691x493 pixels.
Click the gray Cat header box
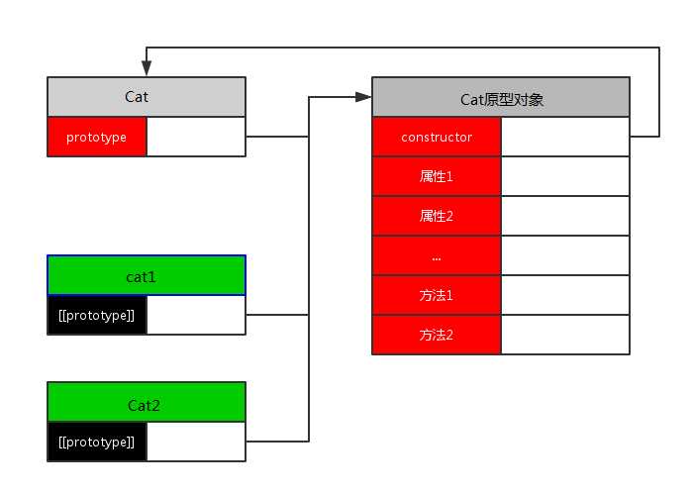click(x=146, y=97)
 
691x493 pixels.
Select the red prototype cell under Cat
click(x=97, y=137)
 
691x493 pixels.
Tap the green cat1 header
click(x=146, y=275)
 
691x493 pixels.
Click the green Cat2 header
click(x=146, y=404)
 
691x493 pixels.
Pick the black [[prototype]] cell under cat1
click(x=97, y=315)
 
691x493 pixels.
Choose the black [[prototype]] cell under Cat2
click(x=97, y=442)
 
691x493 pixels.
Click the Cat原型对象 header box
click(x=501, y=98)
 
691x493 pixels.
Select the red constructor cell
click(x=437, y=137)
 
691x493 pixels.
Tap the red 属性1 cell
click(x=437, y=176)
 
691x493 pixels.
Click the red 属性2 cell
click(x=437, y=216)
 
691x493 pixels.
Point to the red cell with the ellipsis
click(x=437, y=255)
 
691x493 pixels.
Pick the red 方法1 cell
click(x=437, y=295)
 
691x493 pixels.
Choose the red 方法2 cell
click(x=437, y=335)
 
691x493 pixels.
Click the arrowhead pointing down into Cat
click(x=147, y=68)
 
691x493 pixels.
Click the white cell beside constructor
click(x=565, y=137)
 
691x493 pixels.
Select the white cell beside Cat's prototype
click(x=195, y=137)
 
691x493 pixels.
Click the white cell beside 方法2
click(x=565, y=335)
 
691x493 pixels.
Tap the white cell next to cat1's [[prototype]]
click(x=195, y=315)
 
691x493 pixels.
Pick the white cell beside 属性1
click(x=565, y=176)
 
